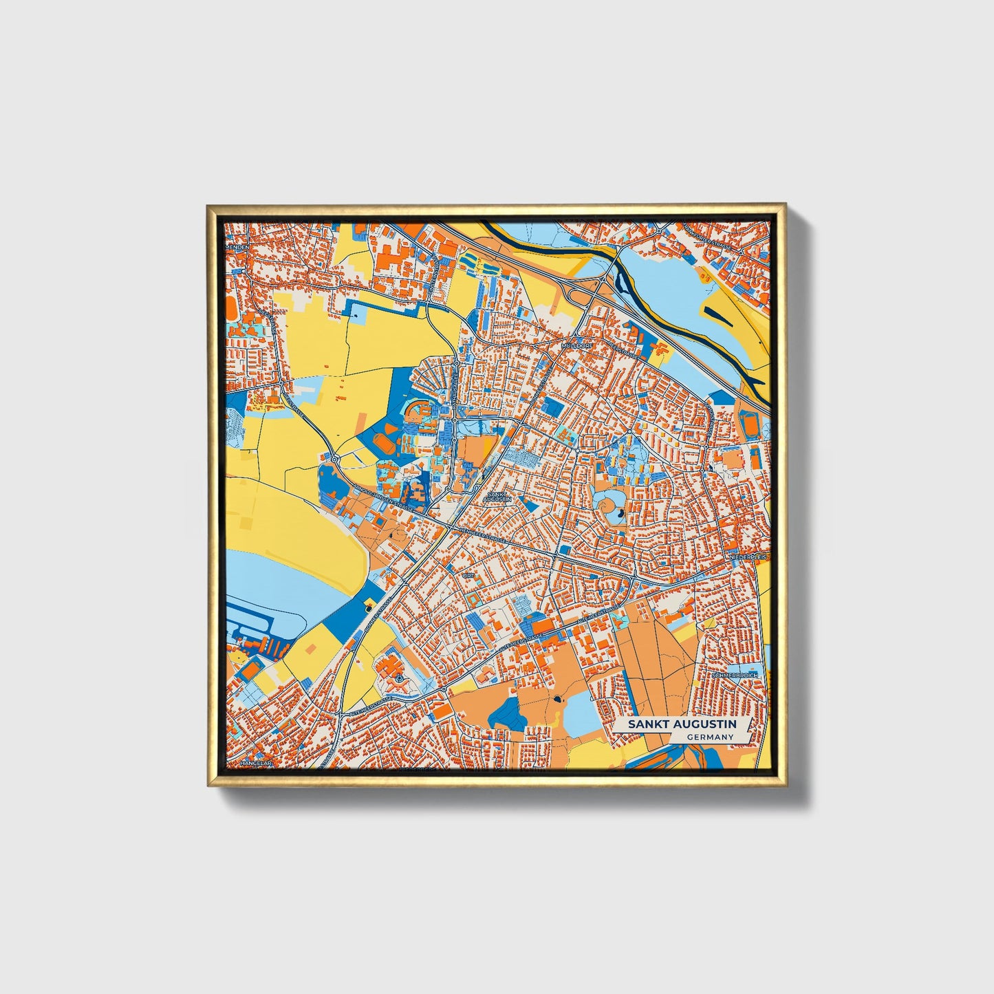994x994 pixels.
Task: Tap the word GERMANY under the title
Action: pos(709,737)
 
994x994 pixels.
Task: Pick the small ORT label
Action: pos(468,574)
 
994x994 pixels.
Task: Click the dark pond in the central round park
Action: pos(619,512)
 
